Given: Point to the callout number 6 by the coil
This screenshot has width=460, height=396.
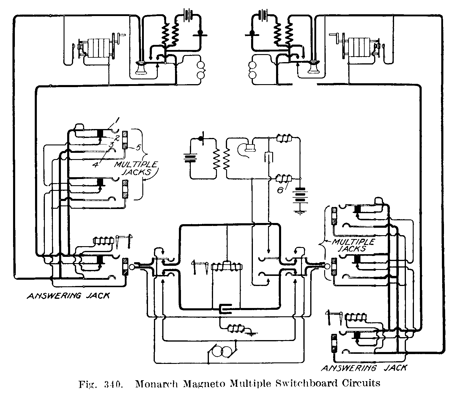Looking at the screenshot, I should click(x=280, y=190).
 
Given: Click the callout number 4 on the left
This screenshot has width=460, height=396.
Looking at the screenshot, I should click(x=95, y=164).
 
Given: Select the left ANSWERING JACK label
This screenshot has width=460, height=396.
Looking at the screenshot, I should click(x=68, y=296).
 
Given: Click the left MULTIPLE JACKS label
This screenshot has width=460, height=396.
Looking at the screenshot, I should click(x=137, y=168).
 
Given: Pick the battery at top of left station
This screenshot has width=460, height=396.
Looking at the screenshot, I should click(x=188, y=14).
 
